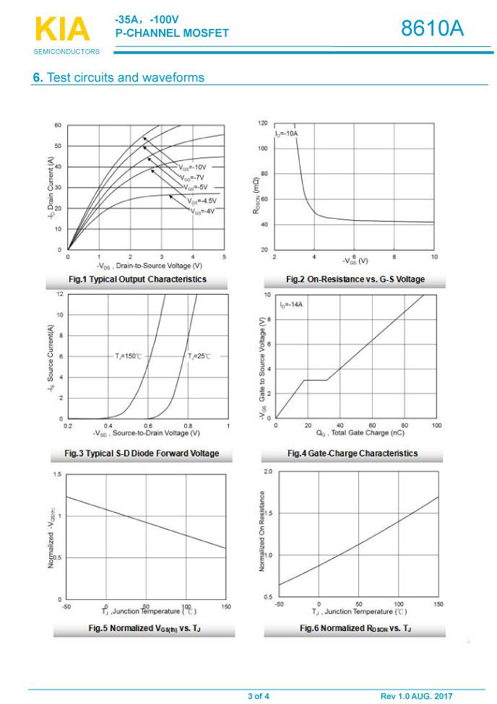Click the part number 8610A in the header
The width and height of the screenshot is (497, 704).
click(x=432, y=29)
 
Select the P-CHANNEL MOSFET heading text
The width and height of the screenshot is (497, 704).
click(x=171, y=33)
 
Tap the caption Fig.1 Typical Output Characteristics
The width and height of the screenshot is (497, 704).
click(x=137, y=279)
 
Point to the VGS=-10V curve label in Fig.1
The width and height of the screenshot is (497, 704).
click(x=191, y=167)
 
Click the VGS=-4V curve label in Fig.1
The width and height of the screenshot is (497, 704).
click(x=203, y=211)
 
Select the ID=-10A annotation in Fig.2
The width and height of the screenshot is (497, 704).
click(x=286, y=134)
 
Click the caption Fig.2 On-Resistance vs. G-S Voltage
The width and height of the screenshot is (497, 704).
click(x=355, y=279)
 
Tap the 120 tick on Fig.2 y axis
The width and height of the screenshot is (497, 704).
click(x=262, y=123)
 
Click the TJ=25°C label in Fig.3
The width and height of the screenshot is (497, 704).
click(x=199, y=357)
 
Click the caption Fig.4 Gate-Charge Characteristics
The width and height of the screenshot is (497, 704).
click(x=353, y=453)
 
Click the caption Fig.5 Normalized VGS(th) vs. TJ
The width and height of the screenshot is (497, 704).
click(x=144, y=629)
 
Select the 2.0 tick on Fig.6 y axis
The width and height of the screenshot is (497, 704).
click(x=268, y=471)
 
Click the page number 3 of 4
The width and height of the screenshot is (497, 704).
click(x=259, y=696)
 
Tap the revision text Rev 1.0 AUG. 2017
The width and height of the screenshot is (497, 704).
click(x=416, y=696)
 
